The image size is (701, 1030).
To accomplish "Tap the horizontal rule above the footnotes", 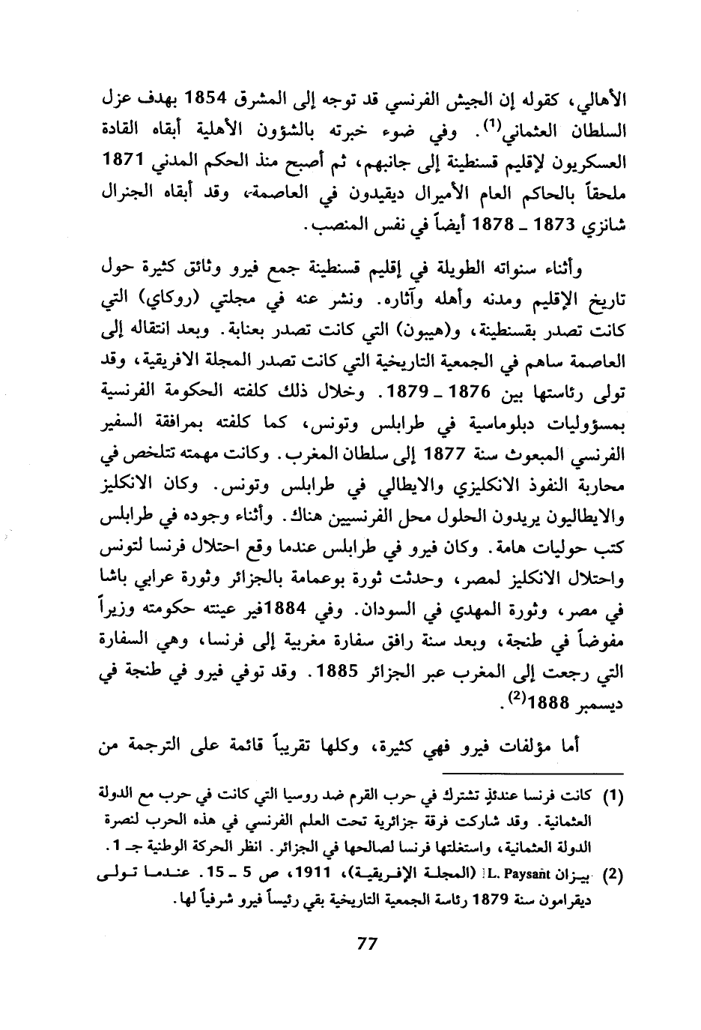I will click(532, 773).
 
